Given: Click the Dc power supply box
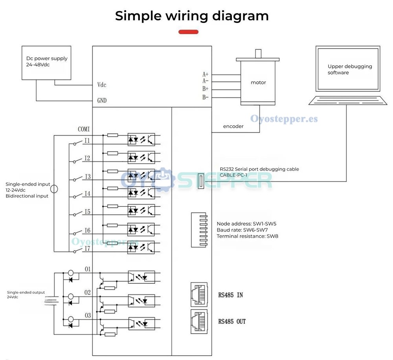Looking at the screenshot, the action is (x=46, y=63).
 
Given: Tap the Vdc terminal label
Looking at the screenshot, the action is (x=102, y=85).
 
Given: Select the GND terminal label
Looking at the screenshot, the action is (x=102, y=101).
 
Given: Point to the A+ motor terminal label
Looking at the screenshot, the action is (x=206, y=74).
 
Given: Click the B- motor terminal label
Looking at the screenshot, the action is (x=206, y=97).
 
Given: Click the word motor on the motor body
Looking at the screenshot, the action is (x=258, y=82).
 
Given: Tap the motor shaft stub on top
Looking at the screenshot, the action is (x=258, y=53).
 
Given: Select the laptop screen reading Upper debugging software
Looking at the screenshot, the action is (x=348, y=69).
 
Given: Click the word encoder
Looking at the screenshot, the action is (x=233, y=126).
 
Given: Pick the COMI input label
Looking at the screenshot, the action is (x=84, y=129).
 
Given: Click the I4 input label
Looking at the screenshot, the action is (x=87, y=194).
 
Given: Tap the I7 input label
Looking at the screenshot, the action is (x=87, y=249).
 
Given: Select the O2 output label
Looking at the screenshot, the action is (x=88, y=292).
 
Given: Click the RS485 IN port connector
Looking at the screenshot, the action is (x=199, y=294).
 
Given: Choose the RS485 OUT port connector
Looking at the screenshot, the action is (x=199, y=322).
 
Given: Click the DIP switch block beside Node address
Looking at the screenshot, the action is (x=199, y=230).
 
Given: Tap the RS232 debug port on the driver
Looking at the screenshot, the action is (x=201, y=181).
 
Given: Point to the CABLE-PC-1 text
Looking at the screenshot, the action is (x=233, y=175).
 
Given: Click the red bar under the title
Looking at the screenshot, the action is (x=189, y=32).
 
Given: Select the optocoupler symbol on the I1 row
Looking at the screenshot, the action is (x=141, y=139).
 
